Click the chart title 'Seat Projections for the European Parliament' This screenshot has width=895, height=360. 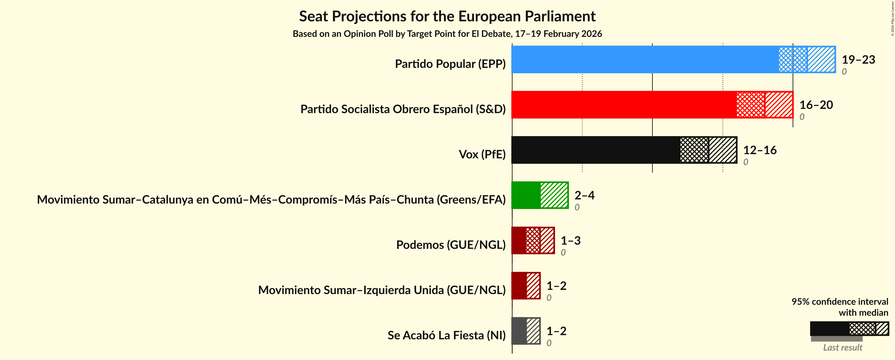point(447,16)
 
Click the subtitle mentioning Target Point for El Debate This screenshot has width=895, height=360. point(447,34)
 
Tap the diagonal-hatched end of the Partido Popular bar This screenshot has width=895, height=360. point(821,59)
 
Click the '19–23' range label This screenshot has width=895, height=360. point(858,59)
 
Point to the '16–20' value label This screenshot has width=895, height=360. point(816,105)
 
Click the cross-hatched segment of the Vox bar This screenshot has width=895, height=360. point(694,150)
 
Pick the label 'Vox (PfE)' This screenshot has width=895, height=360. point(482,154)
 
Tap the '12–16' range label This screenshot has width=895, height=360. point(760,150)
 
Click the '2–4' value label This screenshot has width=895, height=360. point(584,195)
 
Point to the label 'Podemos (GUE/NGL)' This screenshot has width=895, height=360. point(451,245)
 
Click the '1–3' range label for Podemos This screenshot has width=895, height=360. point(571,240)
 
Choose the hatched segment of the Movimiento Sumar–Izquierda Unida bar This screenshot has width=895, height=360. point(533,286)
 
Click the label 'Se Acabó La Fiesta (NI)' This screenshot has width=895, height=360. point(447,335)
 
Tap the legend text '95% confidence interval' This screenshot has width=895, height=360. point(839,301)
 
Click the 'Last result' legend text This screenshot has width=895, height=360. point(843,347)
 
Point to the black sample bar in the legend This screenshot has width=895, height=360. point(829,328)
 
